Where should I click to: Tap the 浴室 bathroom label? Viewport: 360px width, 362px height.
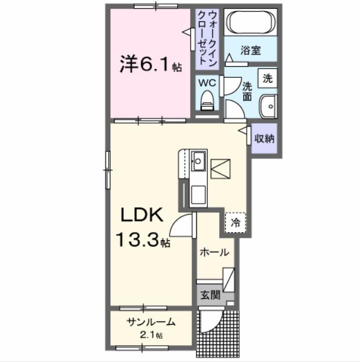[x=251, y=50]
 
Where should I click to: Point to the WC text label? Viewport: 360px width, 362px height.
[x=207, y=83]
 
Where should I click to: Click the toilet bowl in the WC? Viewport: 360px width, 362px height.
[x=207, y=103]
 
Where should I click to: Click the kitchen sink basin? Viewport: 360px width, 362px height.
[x=197, y=160]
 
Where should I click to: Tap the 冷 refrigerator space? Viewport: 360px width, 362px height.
[x=236, y=221]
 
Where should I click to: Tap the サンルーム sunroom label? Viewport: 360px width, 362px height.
[x=150, y=323]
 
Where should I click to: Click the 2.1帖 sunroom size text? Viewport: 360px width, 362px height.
[x=150, y=335]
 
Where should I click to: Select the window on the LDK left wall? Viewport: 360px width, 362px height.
[x=107, y=169]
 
